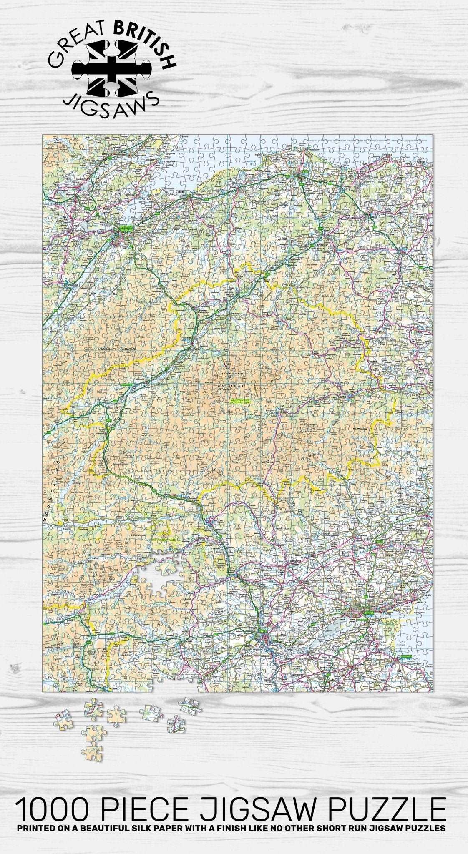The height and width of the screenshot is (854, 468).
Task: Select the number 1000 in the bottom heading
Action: [53, 798]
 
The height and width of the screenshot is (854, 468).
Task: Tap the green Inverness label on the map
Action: [125, 229]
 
